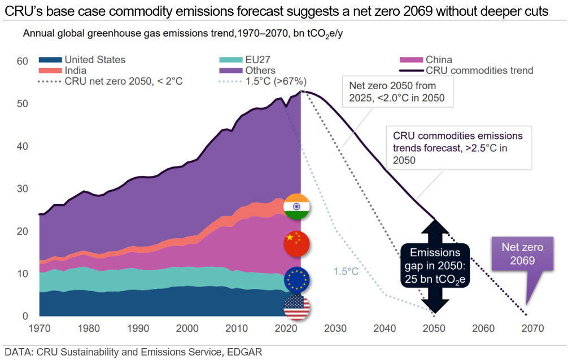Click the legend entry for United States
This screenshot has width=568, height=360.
coord(82,60)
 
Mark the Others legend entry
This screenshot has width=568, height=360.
coord(248,71)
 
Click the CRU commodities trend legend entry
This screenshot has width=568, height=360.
coord(466,71)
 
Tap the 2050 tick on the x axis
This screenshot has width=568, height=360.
coord(434,328)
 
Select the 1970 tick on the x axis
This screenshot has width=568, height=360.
coord(39,328)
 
